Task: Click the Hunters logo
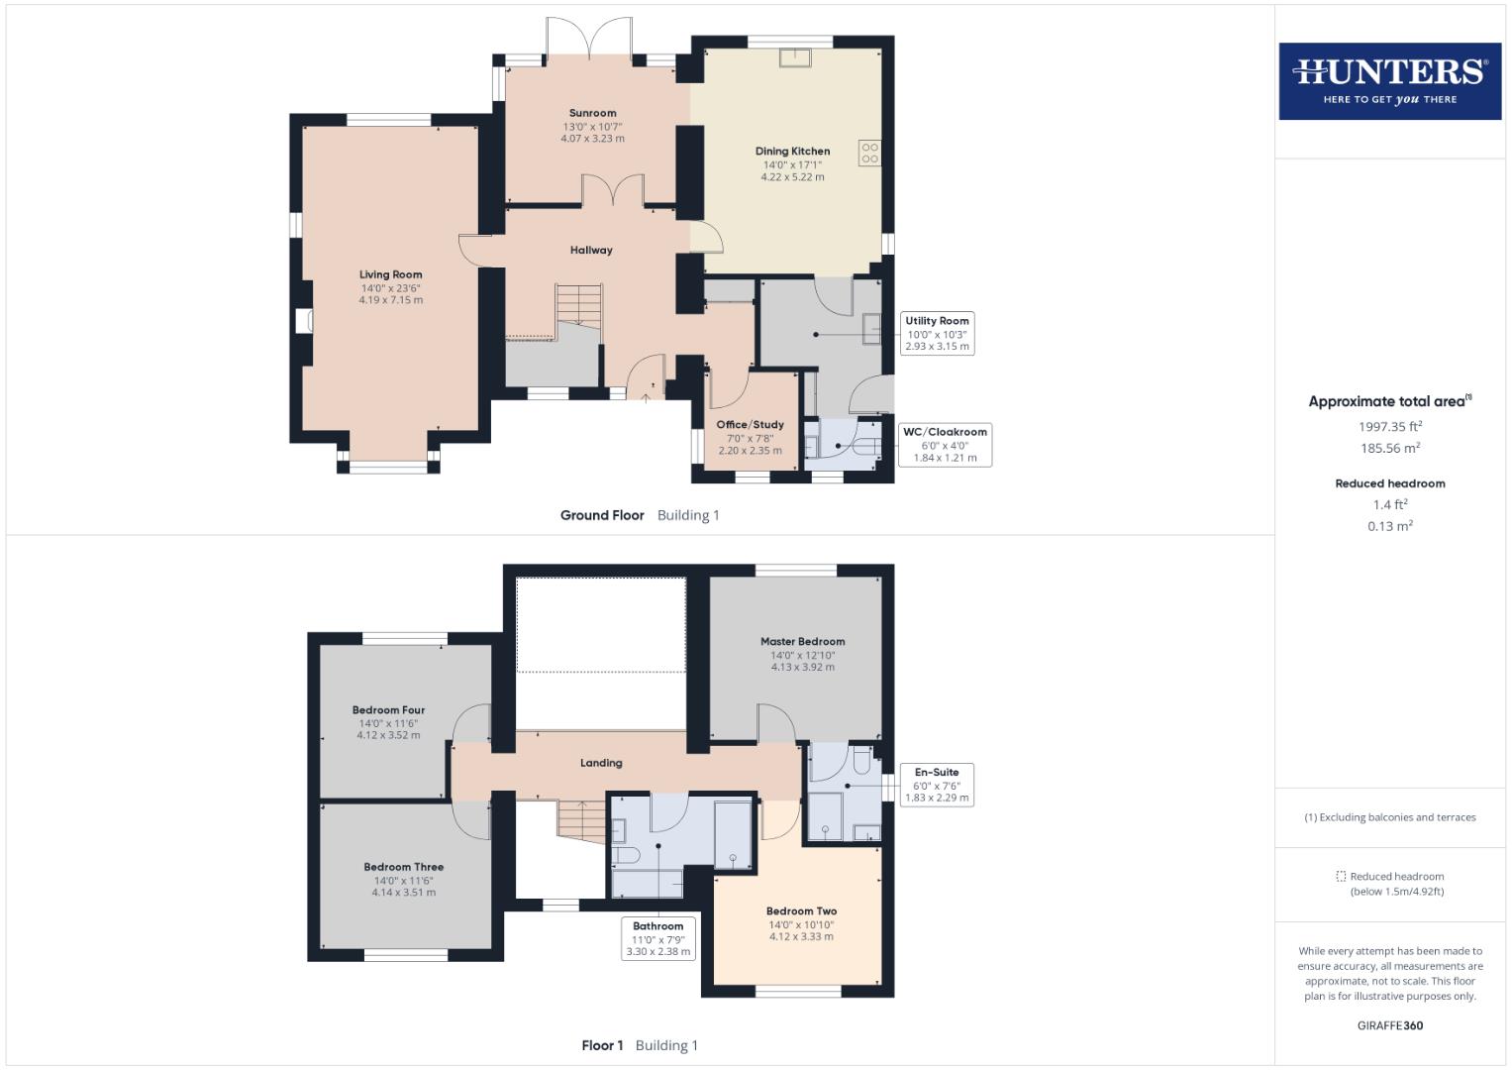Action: (1389, 81)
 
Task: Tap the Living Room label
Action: (390, 274)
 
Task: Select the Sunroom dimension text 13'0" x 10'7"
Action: (592, 127)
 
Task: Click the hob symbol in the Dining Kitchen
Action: (869, 153)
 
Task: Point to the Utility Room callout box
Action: (937, 334)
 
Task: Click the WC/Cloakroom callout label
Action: (945, 432)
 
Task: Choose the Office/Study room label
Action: (750, 425)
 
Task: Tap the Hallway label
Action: (591, 251)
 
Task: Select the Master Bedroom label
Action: (802, 641)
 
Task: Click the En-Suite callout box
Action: (937, 784)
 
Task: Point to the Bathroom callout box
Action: (657, 938)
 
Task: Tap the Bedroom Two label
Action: (801, 911)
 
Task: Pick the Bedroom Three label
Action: (403, 867)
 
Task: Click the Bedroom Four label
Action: (388, 710)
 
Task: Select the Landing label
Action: (601, 763)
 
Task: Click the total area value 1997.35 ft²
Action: (1389, 427)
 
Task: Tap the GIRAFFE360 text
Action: (1389, 1025)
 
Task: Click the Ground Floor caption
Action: (602, 515)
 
